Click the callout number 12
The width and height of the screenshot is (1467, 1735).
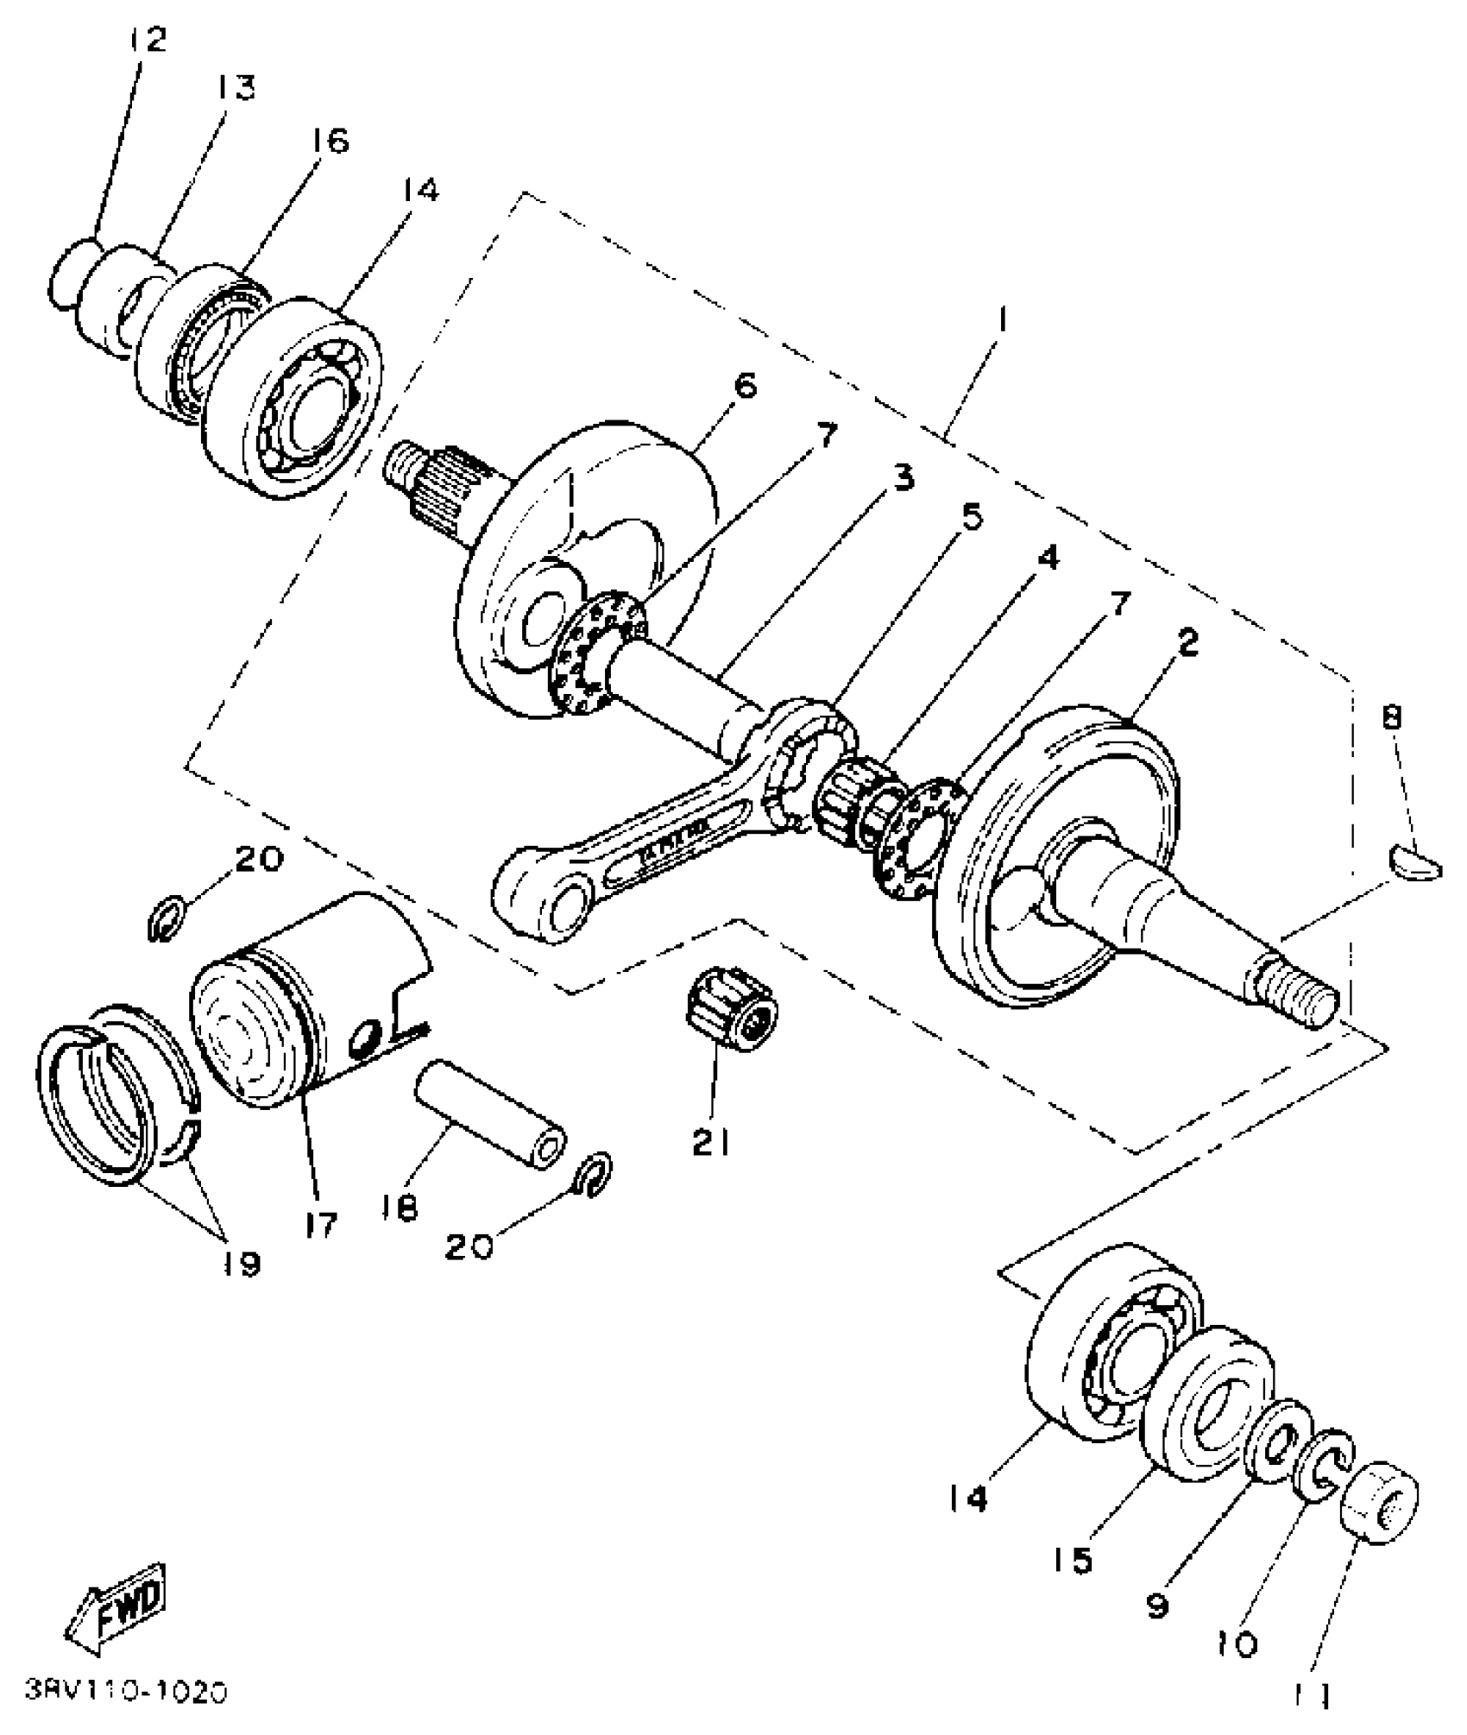[146, 39]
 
